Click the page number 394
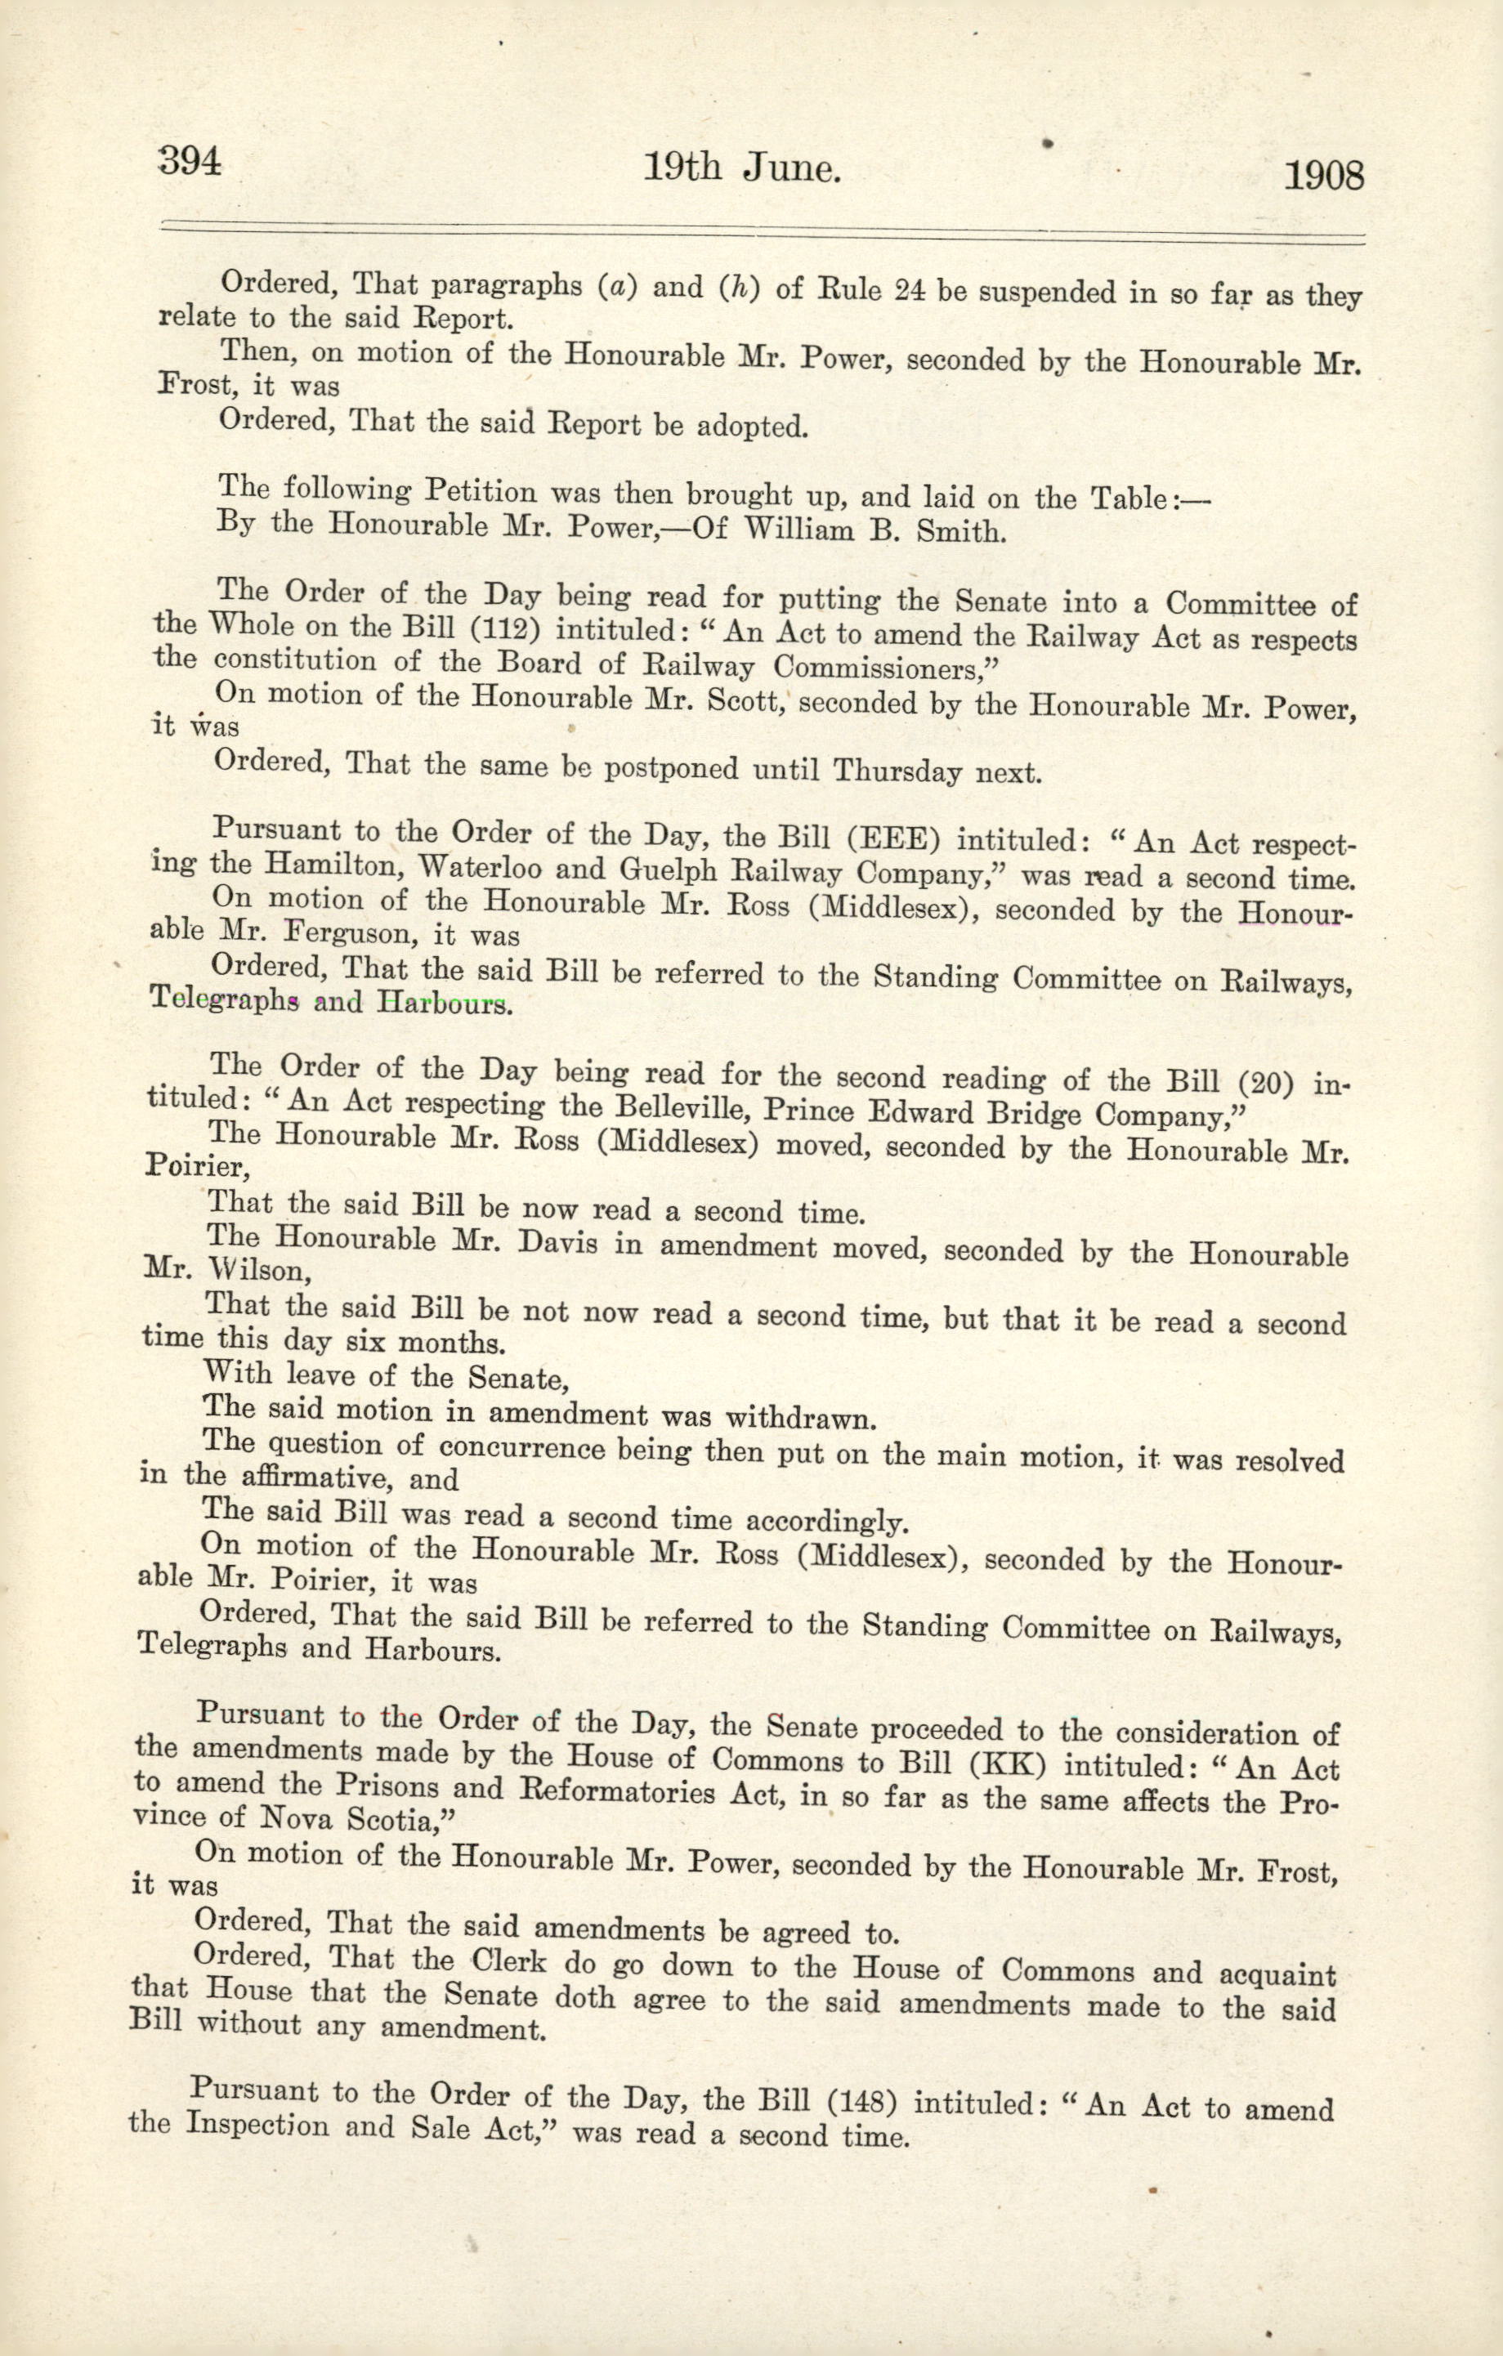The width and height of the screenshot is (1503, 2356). pyautogui.click(x=190, y=162)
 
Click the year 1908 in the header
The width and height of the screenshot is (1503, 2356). pyautogui.click(x=1322, y=177)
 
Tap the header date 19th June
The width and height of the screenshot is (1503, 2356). pyautogui.click(x=742, y=169)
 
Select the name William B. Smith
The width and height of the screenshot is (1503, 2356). pyautogui.click(x=875, y=531)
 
